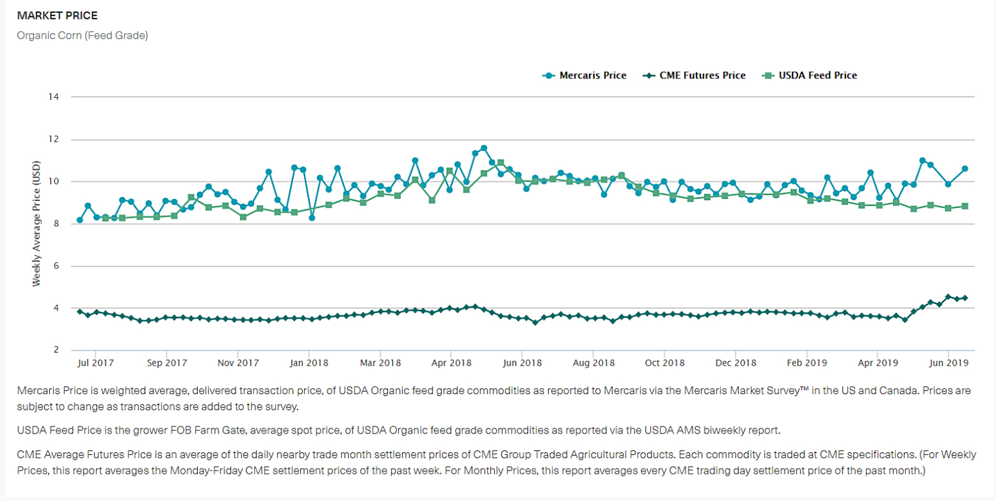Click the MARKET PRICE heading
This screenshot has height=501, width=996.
pos(58,15)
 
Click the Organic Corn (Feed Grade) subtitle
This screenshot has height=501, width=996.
pos(82,35)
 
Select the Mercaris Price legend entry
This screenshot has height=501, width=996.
pos(585,75)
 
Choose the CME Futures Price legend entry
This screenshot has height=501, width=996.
pos(694,75)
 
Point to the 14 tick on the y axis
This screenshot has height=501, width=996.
pos(53,97)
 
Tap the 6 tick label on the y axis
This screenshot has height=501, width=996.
pos(56,266)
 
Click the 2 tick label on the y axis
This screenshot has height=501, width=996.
pos(56,350)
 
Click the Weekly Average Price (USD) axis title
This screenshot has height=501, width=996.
pos(37,224)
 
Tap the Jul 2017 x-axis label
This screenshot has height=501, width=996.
pos(96,363)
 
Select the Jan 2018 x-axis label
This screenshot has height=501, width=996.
pos(309,363)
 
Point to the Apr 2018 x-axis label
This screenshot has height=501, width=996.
pos(451,363)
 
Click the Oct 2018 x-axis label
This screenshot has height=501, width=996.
pos(665,363)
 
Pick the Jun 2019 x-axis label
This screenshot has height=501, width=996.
pos(949,363)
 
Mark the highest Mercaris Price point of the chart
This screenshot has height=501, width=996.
pos(484,148)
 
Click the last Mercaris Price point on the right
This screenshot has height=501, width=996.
pos(965,169)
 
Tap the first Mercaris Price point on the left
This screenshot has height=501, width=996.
pos(80,220)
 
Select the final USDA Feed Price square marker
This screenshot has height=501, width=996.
pos(965,206)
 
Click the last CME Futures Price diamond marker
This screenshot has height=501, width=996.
pos(965,298)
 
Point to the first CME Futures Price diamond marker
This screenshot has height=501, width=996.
pos(80,312)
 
